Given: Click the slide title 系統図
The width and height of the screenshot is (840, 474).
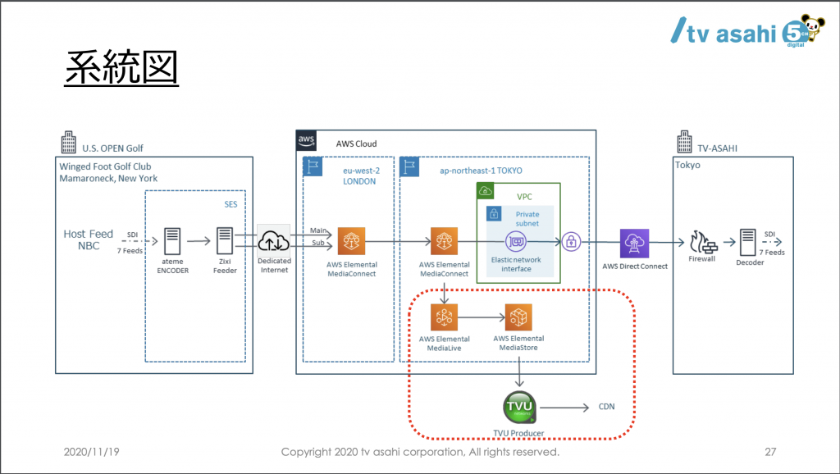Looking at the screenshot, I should pyautogui.click(x=121, y=67).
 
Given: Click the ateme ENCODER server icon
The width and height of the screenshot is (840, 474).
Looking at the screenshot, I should pyautogui.click(x=172, y=241).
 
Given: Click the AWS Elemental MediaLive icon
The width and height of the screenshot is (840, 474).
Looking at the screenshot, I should pyautogui.click(x=444, y=317).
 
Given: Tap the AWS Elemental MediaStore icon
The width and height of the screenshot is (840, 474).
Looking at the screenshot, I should pyautogui.click(x=518, y=317).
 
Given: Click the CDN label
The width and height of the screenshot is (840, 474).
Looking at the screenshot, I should pyautogui.click(x=606, y=407).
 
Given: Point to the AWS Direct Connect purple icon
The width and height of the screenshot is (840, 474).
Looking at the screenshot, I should pyautogui.click(x=634, y=243).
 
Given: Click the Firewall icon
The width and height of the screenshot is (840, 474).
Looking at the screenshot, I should pyautogui.click(x=701, y=241).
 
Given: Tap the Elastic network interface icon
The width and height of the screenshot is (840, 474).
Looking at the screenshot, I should pyautogui.click(x=516, y=242).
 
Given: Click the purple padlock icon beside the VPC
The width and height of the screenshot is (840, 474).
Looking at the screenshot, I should pyautogui.click(x=572, y=242).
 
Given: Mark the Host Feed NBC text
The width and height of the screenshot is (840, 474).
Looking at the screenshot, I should pyautogui.click(x=88, y=239).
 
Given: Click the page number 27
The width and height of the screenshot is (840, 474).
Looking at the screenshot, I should pyautogui.click(x=769, y=452).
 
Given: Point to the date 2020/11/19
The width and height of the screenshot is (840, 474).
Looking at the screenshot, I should pyautogui.click(x=92, y=452).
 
